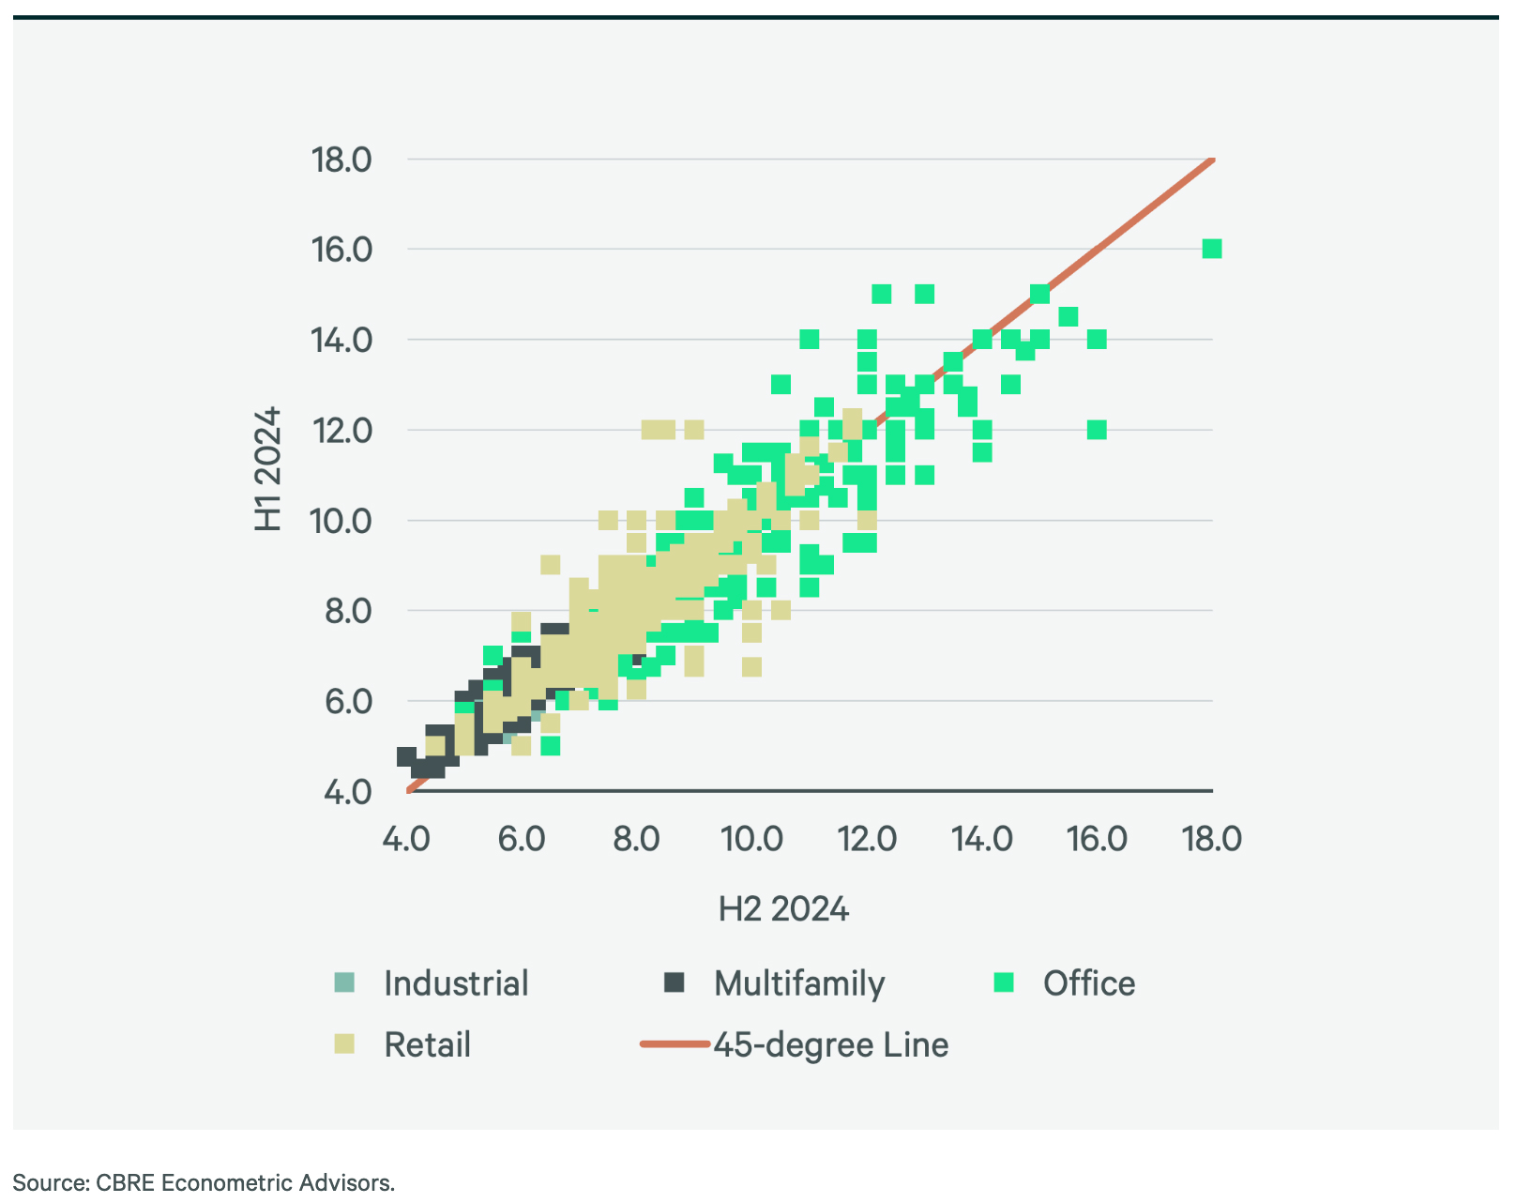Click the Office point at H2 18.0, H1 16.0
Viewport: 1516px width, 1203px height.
(1211, 249)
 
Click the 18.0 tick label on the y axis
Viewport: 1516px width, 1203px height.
(341, 160)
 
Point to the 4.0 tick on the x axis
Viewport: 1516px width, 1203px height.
(406, 838)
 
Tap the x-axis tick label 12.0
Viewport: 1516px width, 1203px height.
(867, 838)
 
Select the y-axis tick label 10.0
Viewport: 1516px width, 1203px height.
(341, 520)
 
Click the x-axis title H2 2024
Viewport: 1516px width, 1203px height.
(783, 909)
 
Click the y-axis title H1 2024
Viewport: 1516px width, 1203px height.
(268, 469)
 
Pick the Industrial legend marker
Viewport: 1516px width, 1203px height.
(344, 982)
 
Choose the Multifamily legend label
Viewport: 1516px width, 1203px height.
(799, 983)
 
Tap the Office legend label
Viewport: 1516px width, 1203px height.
(1088, 983)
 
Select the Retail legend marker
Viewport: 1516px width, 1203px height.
(344, 1043)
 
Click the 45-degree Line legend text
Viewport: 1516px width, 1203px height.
(831, 1044)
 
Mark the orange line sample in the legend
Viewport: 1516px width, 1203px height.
(675, 1043)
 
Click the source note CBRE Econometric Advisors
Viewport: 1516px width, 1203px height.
(204, 1182)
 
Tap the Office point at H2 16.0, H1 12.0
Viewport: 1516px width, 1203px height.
(1097, 430)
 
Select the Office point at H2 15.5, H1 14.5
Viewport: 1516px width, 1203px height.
(1068, 316)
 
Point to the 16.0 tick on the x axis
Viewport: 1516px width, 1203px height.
(1097, 838)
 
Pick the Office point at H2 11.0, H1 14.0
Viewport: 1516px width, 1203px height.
(809, 339)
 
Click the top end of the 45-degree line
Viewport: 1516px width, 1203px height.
(1213, 160)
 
